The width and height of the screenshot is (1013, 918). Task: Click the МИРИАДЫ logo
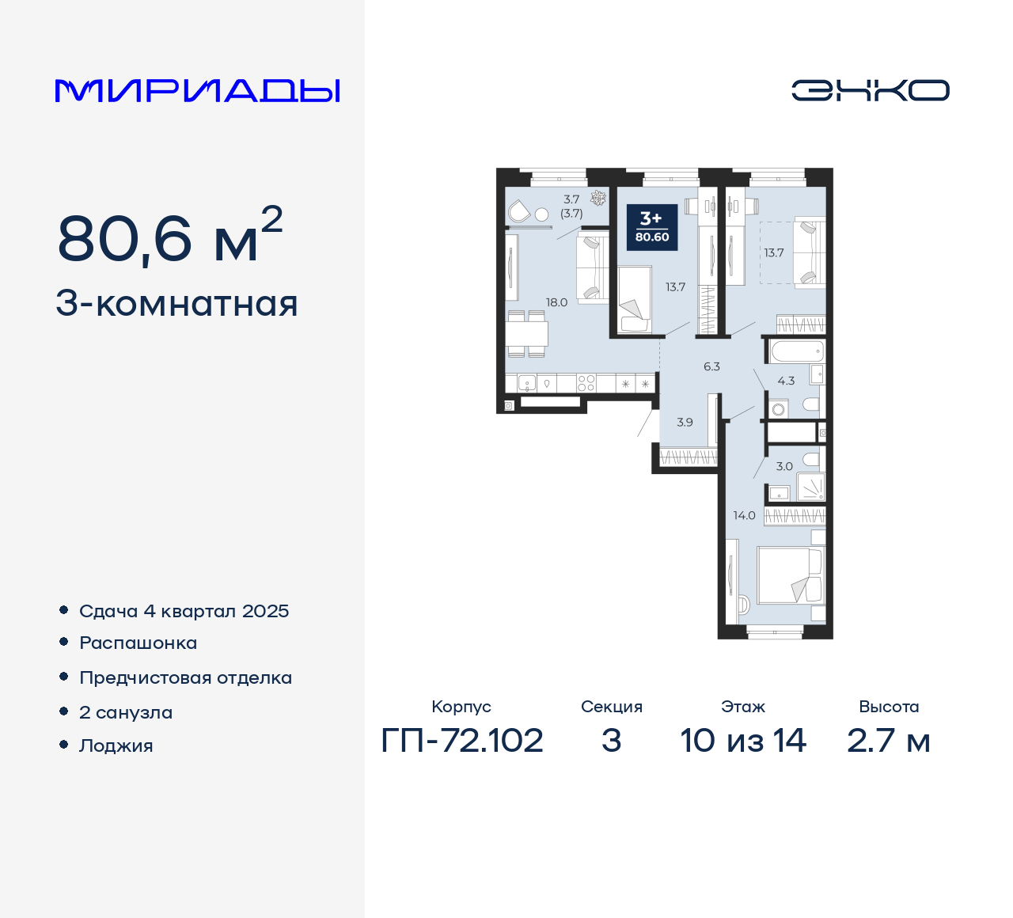(x=198, y=90)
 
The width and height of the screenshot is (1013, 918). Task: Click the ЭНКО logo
(x=870, y=90)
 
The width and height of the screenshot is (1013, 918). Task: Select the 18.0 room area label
(x=556, y=302)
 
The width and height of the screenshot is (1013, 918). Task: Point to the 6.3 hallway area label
(x=711, y=366)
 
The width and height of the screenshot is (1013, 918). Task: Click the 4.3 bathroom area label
(x=786, y=381)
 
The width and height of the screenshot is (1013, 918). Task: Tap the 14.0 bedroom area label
(x=744, y=515)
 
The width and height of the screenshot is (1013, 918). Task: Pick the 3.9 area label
(x=685, y=422)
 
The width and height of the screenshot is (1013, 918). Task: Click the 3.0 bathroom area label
(x=784, y=466)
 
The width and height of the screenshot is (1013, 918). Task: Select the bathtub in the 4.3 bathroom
(x=796, y=351)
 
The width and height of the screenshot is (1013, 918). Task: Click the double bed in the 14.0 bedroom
(x=790, y=575)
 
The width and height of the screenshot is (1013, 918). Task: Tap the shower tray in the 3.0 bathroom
(x=810, y=486)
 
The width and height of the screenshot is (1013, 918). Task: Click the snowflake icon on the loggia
(x=598, y=198)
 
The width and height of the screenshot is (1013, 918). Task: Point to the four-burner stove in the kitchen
(x=586, y=384)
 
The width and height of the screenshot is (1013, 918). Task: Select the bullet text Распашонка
(x=138, y=643)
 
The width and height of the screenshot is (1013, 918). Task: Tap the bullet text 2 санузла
(x=126, y=712)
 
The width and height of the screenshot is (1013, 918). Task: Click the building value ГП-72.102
(x=462, y=741)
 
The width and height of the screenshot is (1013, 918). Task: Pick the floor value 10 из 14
(x=743, y=741)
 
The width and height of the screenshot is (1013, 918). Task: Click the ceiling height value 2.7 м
(x=888, y=741)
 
